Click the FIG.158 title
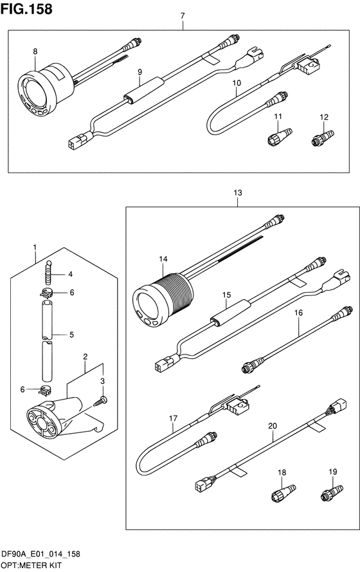point(26,9)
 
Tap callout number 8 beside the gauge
point(35,51)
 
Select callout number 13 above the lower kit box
point(238,192)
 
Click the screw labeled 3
point(100,401)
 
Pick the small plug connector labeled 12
point(323,138)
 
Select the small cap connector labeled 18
point(283,492)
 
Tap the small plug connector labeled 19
point(332,492)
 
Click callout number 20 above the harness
point(272,426)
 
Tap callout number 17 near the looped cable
point(173,418)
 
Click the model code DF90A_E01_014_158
point(40,555)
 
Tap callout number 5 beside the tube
point(71,335)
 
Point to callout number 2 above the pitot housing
point(85,356)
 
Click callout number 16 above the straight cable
point(298,313)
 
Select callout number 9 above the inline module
point(139,72)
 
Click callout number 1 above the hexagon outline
point(35,247)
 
